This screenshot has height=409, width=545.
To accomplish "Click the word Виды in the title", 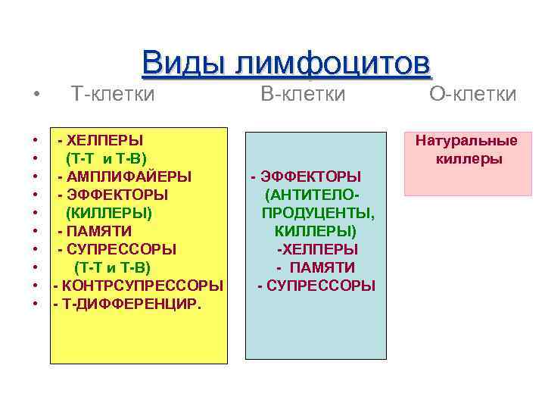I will click(x=182, y=63).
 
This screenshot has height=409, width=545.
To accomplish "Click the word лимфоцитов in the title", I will click(x=330, y=63).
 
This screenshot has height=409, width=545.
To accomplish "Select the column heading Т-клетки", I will click(x=113, y=94).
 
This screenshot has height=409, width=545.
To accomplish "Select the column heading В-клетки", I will click(x=303, y=94).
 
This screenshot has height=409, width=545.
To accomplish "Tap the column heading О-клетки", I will click(x=473, y=94).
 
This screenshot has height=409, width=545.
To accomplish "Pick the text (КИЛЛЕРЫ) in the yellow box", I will click(x=109, y=213).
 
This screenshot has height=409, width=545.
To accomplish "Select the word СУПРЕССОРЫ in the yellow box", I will click(x=121, y=249).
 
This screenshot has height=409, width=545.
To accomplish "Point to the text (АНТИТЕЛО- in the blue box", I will click(x=312, y=195).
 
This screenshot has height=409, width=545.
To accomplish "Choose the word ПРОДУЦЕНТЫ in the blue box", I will click(x=312, y=213).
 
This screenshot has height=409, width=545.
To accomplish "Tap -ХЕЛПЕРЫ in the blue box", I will click(x=317, y=249).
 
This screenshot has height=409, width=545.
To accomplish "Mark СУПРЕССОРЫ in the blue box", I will click(x=321, y=286).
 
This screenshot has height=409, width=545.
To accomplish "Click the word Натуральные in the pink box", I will click(x=466, y=141).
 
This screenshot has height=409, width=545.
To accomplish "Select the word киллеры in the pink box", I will click(x=469, y=159).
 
